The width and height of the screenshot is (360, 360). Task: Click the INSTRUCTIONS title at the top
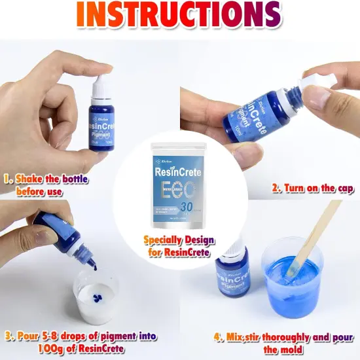[x=180, y=15]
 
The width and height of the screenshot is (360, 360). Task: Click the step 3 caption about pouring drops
[x=82, y=342]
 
